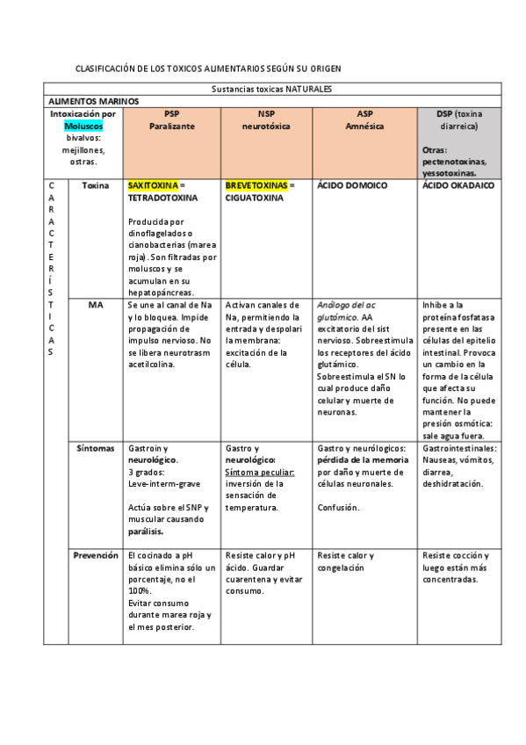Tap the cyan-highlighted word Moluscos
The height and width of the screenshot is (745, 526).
pos(83,127)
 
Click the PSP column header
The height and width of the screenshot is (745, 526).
pos(171,114)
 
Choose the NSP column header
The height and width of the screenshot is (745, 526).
pos(266,114)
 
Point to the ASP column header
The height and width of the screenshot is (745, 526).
pos(364,114)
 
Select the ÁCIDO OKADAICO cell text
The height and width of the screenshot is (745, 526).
pos(458,186)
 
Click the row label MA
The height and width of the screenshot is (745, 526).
pos(96,305)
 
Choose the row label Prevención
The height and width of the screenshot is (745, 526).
pos(96,555)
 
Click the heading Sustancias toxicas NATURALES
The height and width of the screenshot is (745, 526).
pos(271,89)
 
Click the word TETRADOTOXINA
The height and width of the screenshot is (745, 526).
pos(163,199)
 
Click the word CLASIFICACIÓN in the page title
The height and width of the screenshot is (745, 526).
pos(106,69)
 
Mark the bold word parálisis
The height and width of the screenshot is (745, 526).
pos(147,532)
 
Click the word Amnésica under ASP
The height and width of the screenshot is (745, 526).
pos(364,127)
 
